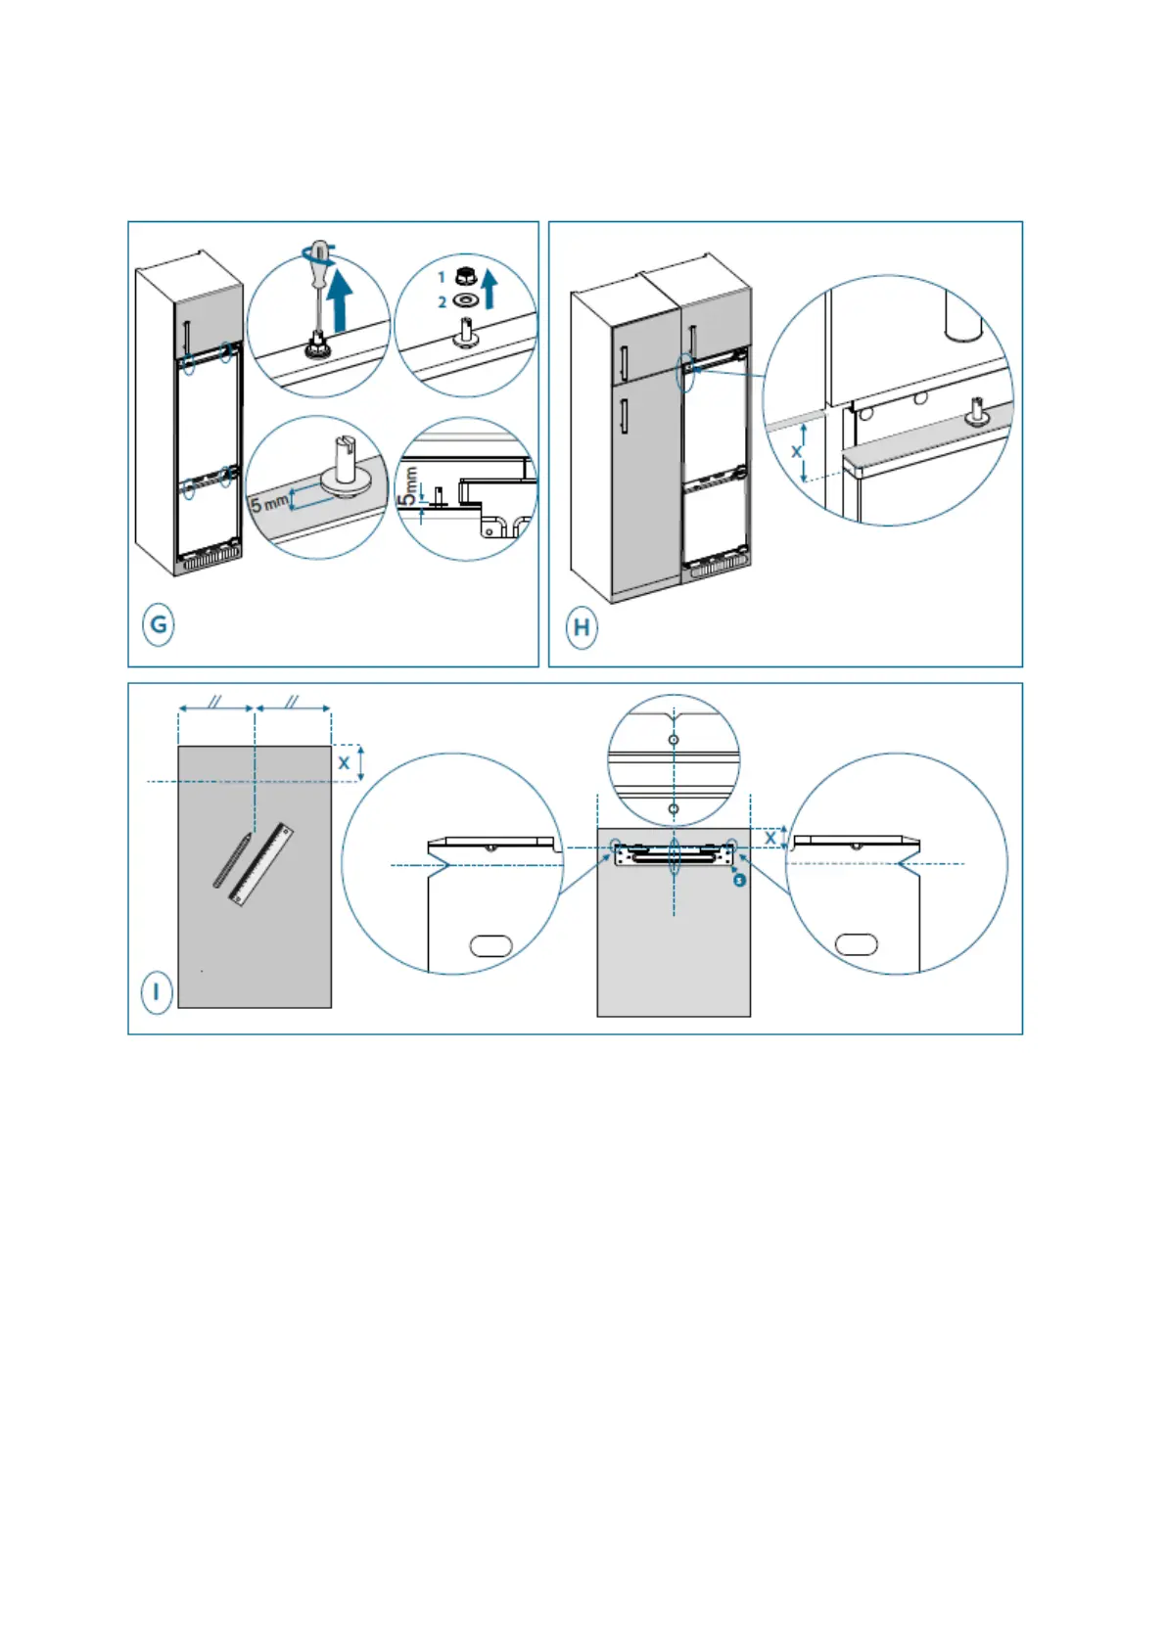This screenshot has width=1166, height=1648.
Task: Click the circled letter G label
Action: [x=159, y=624]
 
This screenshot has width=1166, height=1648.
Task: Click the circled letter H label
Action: [x=582, y=626]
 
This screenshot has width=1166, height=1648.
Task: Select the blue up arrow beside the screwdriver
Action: [x=341, y=300]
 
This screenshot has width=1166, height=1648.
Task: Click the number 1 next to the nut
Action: [x=442, y=278]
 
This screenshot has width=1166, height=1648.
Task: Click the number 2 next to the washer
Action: [x=442, y=302]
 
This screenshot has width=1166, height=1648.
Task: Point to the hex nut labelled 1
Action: [x=465, y=277]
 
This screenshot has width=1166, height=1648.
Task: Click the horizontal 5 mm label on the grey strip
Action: [x=269, y=503]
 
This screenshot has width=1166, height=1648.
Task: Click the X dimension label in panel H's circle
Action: [x=797, y=452]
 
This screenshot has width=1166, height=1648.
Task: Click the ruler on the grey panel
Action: [x=262, y=863]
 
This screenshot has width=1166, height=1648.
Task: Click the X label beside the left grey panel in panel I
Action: [x=344, y=762]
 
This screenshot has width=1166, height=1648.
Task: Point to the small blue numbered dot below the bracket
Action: [x=740, y=880]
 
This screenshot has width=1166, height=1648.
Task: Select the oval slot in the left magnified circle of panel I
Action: [x=490, y=945]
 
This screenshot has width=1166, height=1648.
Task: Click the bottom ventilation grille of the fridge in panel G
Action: [x=208, y=562]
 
